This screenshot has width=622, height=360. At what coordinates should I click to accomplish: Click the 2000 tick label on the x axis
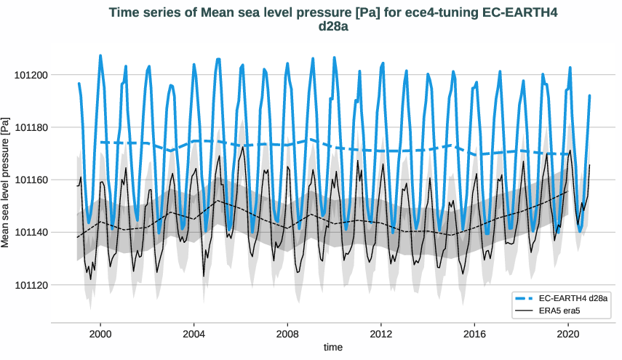pyautogui.click(x=100, y=335)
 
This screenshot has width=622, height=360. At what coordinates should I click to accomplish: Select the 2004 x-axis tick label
pyautogui.click(x=194, y=335)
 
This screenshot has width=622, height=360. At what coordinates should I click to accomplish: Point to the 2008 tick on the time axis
pyautogui.click(x=287, y=335)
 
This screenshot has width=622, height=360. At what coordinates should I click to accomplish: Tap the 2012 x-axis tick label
pyautogui.click(x=380, y=335)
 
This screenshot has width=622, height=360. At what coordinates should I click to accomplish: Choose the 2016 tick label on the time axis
pyautogui.click(x=474, y=335)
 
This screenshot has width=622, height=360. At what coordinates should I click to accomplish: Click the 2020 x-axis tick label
pyautogui.click(x=567, y=335)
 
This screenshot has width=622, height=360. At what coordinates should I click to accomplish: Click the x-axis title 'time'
pyautogui.click(x=333, y=348)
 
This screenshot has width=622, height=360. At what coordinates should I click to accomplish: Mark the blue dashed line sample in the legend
pyautogui.click(x=530, y=299)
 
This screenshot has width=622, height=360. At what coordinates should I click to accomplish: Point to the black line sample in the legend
pyautogui.click(x=530, y=311)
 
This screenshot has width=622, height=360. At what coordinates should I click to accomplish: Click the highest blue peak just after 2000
pyautogui.click(x=100, y=56)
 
